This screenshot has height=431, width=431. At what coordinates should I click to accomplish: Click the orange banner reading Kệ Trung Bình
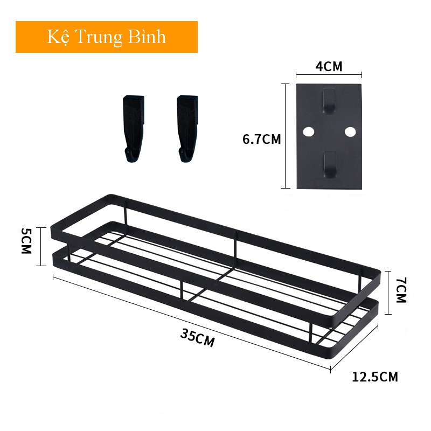107,37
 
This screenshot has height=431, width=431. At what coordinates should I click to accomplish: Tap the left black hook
134,128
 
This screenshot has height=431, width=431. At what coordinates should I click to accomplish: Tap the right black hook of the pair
187,128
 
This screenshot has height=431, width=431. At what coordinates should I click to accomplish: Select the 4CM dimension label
329,67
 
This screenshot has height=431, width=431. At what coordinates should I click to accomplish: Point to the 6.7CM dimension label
262,139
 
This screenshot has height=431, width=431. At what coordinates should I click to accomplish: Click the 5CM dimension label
26,241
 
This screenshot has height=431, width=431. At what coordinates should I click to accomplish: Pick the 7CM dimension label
401,290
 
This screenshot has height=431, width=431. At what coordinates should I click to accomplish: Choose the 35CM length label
197,338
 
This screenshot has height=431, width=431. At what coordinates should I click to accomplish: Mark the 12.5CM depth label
375,377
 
